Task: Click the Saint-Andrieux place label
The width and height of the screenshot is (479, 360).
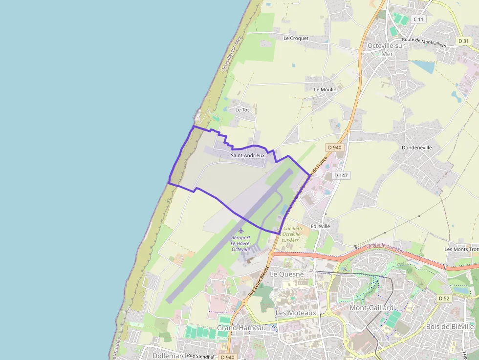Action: [247, 155]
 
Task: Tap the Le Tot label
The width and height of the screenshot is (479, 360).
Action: [242, 110]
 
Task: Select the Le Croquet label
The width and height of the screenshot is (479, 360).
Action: [296, 38]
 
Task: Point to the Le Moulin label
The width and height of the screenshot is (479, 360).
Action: [325, 90]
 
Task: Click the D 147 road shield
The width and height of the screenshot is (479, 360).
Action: [342, 175]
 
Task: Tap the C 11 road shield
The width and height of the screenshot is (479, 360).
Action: [418, 19]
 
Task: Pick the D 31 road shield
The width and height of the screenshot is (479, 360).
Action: [464, 41]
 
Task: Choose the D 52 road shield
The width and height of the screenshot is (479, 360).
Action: [444, 298]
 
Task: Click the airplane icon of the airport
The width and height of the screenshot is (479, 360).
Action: [240, 230]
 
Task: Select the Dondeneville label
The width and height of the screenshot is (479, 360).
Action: [416, 147]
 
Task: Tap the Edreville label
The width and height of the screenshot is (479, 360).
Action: [320, 227]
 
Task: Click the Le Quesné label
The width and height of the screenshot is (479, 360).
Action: [287, 275]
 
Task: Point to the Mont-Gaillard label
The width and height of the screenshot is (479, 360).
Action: [371, 308]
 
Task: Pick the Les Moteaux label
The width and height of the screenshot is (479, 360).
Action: [296, 313]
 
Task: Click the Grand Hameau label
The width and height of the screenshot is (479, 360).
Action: [241, 328]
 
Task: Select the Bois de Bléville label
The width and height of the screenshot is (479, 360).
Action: [450, 326]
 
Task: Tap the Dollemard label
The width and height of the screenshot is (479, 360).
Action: [169, 356]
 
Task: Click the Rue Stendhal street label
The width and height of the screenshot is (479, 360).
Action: [200, 357]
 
